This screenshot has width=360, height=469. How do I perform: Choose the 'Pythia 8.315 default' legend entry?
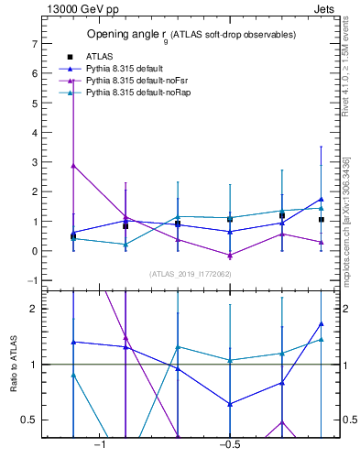click(128, 69)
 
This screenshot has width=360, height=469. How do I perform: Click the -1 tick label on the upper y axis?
click(30, 280)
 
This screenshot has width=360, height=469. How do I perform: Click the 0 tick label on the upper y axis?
click(33, 251)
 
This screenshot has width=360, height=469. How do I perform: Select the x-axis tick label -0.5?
click(229, 445)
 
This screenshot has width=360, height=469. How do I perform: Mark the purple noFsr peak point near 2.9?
click(73, 166)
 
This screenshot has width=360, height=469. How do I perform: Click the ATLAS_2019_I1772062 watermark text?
click(190, 273)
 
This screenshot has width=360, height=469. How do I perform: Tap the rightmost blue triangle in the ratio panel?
click(322, 323)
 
